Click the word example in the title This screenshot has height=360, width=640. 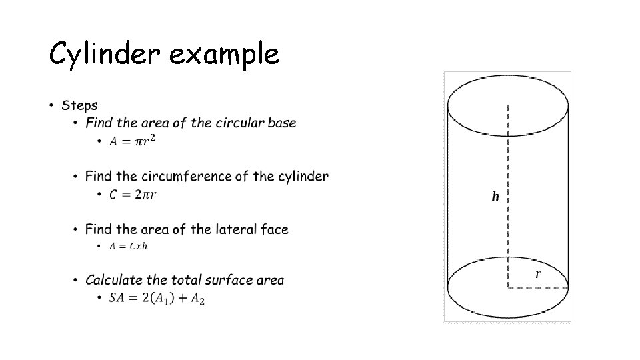(224, 55)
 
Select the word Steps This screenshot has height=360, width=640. (79, 105)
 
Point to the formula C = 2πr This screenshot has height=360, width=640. (133, 194)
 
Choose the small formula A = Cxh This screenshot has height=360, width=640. (128, 246)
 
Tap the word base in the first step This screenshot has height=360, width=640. (281, 123)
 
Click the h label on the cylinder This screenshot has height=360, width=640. (495, 197)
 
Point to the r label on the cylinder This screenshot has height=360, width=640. (538, 274)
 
